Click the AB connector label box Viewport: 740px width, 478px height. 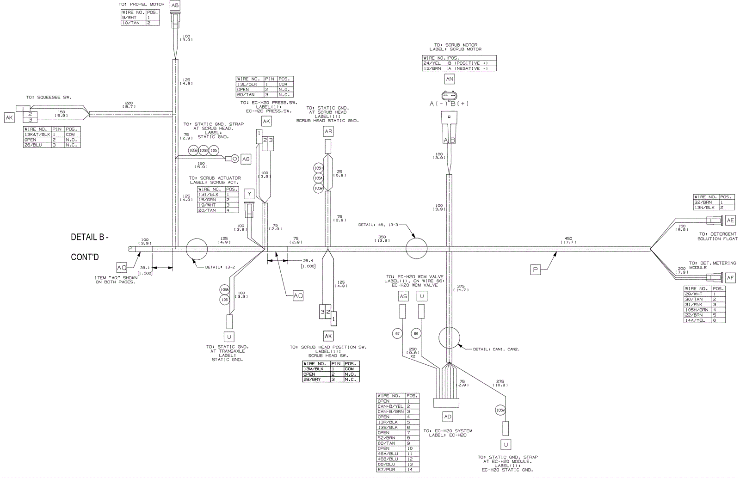[x=175, y=6]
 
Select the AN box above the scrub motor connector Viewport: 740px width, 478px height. [x=450, y=79]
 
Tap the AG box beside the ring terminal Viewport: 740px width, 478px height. [x=246, y=159]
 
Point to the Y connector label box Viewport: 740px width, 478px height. [x=249, y=194]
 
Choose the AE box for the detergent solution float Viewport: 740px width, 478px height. [x=730, y=221]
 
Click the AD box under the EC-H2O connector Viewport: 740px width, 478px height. [x=448, y=417]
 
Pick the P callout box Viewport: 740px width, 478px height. [x=536, y=270]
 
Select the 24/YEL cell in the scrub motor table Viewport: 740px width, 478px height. [x=434, y=63]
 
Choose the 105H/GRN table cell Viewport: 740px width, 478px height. [x=697, y=310]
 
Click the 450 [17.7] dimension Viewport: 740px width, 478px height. [x=568, y=240]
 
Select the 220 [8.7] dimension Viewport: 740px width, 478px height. [x=129, y=104]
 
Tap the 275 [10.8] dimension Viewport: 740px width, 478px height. [x=500, y=383]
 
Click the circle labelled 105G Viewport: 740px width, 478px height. [x=193, y=151]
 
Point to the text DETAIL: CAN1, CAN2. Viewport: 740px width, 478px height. [x=496, y=349]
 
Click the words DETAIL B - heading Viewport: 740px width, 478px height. [x=90, y=237]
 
